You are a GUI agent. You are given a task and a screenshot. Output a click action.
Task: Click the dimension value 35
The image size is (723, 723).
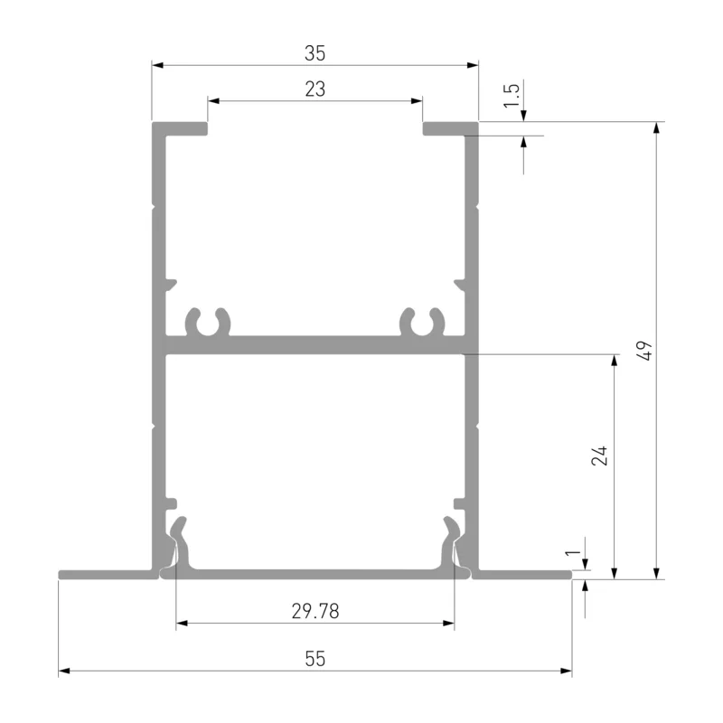click(x=315, y=53)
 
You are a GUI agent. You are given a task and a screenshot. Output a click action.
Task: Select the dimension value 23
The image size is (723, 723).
click(x=315, y=89)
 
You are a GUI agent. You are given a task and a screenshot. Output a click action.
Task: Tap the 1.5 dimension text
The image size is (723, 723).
click(x=512, y=96)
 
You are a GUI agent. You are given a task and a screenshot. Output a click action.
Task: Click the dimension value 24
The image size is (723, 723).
click(x=599, y=455)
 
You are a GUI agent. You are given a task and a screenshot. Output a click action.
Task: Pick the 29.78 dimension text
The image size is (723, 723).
click(x=315, y=612)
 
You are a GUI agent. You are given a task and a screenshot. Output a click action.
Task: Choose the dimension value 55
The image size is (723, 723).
click(x=315, y=659)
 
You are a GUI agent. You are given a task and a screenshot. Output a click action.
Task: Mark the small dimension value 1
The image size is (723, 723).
click(x=573, y=552)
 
